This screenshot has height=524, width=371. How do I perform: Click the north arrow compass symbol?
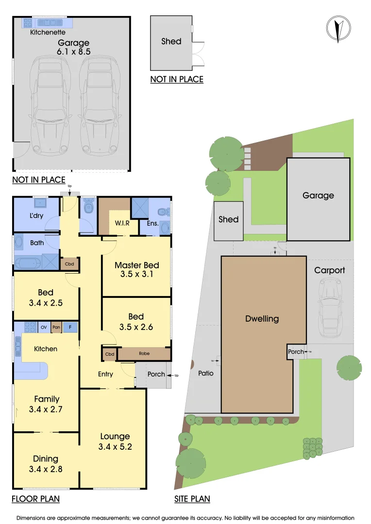click(339, 29)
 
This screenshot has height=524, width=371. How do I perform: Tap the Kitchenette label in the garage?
click(48, 33)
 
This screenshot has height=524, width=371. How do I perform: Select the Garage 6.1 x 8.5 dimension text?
click(74, 47)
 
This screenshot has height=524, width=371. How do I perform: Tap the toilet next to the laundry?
click(88, 208)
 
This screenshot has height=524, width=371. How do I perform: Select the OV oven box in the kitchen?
click(43, 327)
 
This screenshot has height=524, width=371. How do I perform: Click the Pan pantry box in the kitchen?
click(56, 327)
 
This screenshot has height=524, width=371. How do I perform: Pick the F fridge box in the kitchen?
click(70, 327)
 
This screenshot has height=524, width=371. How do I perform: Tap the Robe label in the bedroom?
click(144, 354)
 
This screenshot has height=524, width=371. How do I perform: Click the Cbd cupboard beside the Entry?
click(109, 354)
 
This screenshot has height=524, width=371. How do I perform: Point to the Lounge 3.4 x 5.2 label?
click(115, 441)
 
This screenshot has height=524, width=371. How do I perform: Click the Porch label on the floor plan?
click(156, 374)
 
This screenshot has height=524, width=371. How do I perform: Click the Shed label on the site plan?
click(228, 219)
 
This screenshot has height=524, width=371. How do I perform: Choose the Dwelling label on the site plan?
click(262, 319)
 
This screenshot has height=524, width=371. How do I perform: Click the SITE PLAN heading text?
click(192, 499)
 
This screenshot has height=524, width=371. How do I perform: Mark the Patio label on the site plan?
click(206, 373)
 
